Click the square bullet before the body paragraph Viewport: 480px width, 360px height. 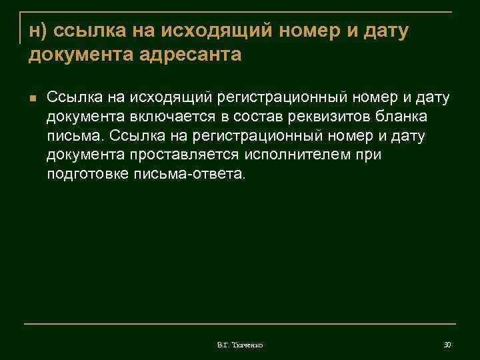tap(31, 98)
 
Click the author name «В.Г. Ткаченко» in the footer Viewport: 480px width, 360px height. tap(240, 345)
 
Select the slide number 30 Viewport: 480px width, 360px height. tap(447, 344)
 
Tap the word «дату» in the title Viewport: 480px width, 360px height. tap(385, 30)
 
